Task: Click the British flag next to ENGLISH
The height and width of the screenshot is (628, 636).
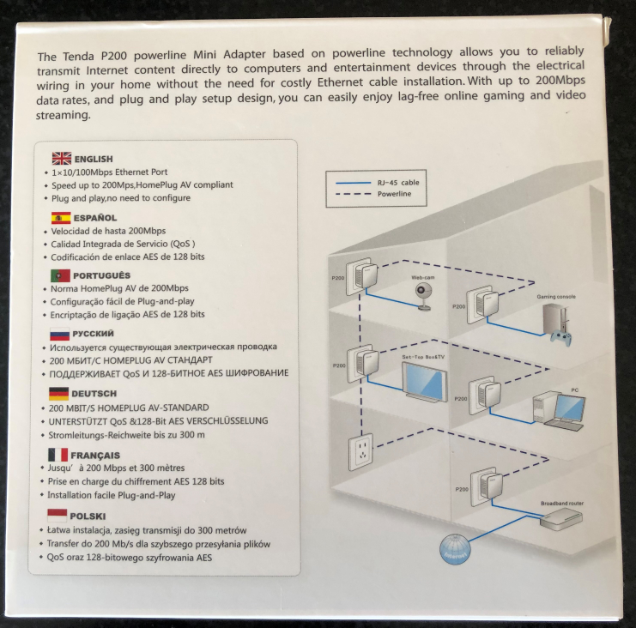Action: click(62, 158)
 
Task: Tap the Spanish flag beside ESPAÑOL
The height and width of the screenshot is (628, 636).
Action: click(61, 218)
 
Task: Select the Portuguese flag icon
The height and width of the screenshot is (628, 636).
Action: click(60, 275)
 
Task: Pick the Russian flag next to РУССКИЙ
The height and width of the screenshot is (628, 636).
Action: click(59, 334)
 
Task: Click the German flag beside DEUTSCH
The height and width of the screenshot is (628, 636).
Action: click(58, 394)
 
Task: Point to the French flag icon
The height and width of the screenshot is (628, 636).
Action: click(58, 455)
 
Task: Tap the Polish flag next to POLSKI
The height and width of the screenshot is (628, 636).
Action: click(58, 516)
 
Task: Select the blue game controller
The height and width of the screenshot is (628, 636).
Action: click(561, 338)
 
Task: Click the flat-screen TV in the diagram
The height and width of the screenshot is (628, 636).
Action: click(424, 383)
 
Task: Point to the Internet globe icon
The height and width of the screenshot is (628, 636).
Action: click(455, 549)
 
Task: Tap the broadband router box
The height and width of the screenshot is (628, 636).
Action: click(561, 519)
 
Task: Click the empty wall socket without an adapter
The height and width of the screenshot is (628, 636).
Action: click(360, 452)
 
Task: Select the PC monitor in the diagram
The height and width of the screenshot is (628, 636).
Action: click(570, 408)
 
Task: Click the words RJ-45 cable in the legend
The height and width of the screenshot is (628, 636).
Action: click(398, 183)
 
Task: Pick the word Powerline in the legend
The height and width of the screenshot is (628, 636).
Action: click(394, 194)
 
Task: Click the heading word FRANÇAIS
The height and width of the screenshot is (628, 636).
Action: click(95, 456)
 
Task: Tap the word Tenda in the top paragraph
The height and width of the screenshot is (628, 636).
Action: click(78, 56)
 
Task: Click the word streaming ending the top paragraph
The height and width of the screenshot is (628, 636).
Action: click(63, 116)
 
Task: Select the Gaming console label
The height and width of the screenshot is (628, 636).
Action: click(556, 297)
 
